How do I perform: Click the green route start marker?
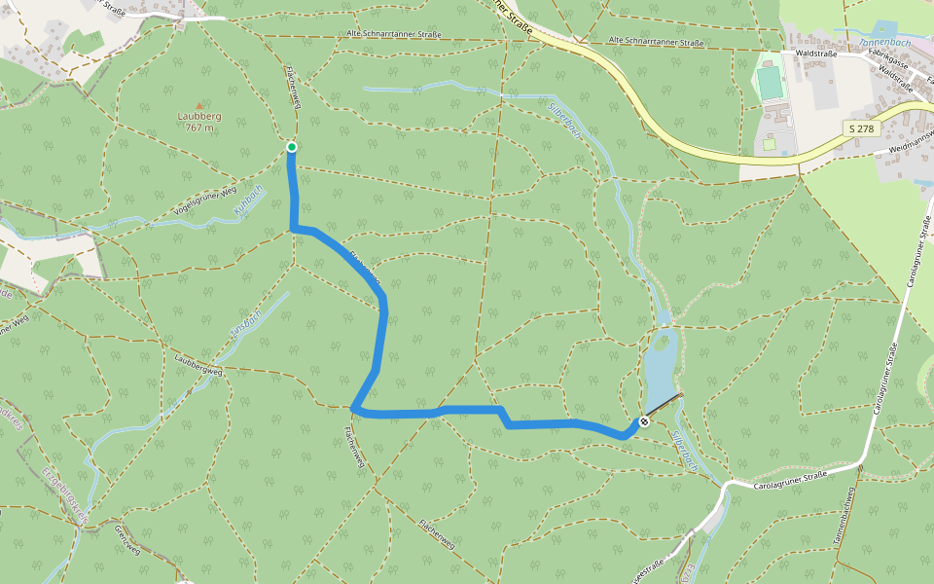[291, 147]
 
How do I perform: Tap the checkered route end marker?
[644, 421]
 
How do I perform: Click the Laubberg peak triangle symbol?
[199, 105]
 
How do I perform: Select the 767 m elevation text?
[199, 127]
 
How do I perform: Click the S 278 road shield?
[858, 128]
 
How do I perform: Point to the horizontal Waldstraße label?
[815, 55]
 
